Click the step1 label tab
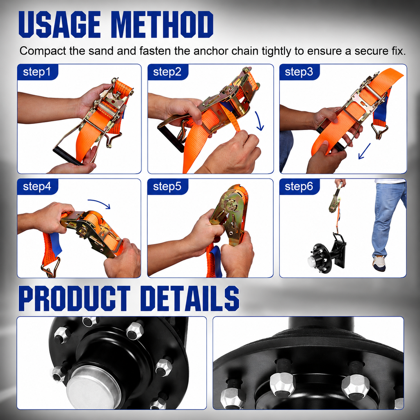(37, 72)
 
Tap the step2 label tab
(168, 72)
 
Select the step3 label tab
(299, 72)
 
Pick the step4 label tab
(37, 187)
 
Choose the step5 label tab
(168, 187)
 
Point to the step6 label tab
(299, 187)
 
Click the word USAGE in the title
(59, 25)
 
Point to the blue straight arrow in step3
(364, 151)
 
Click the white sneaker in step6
(379, 263)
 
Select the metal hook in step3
(379, 131)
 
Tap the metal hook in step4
(51, 267)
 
